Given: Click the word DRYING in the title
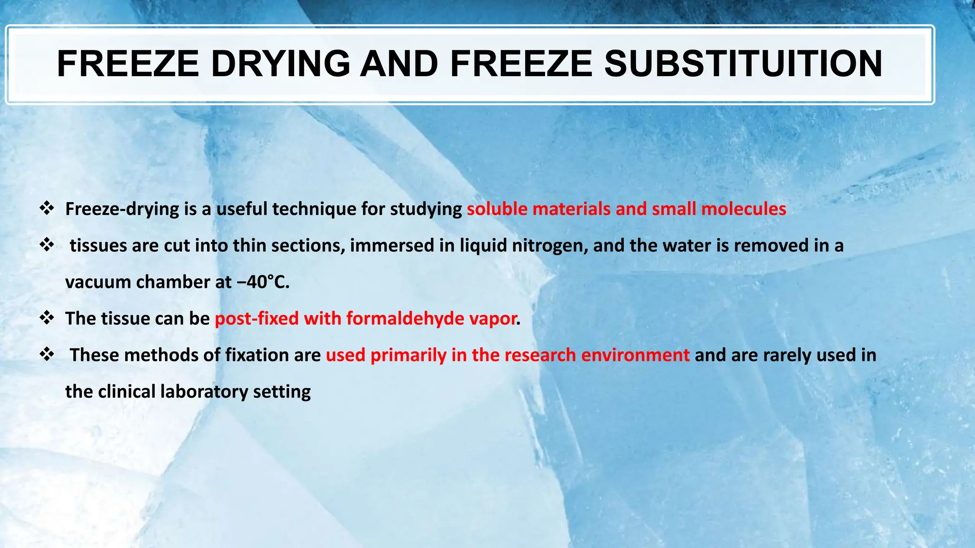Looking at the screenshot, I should coord(280,64).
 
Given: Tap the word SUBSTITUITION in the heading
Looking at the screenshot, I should coord(743,64).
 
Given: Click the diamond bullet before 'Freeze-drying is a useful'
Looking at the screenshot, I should coord(47,208).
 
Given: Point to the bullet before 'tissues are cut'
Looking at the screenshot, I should coord(47,245).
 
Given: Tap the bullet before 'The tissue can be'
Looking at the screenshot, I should coord(47,318).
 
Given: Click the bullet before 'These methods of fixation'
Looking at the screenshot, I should coord(47,354).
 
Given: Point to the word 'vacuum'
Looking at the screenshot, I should coord(98,282).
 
